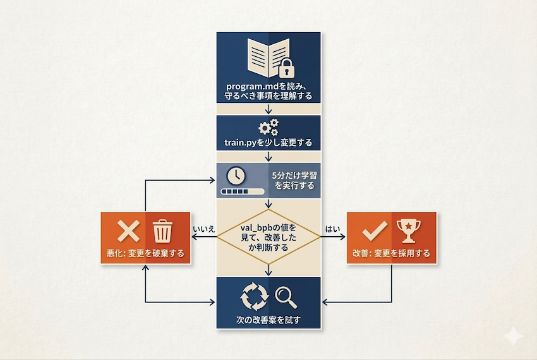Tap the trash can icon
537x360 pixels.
click(x=163, y=231)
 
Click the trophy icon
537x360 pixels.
click(x=407, y=231)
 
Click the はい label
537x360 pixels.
click(x=332, y=229)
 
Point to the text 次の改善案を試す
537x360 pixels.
click(x=268, y=320)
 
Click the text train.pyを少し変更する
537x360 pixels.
click(x=269, y=142)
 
